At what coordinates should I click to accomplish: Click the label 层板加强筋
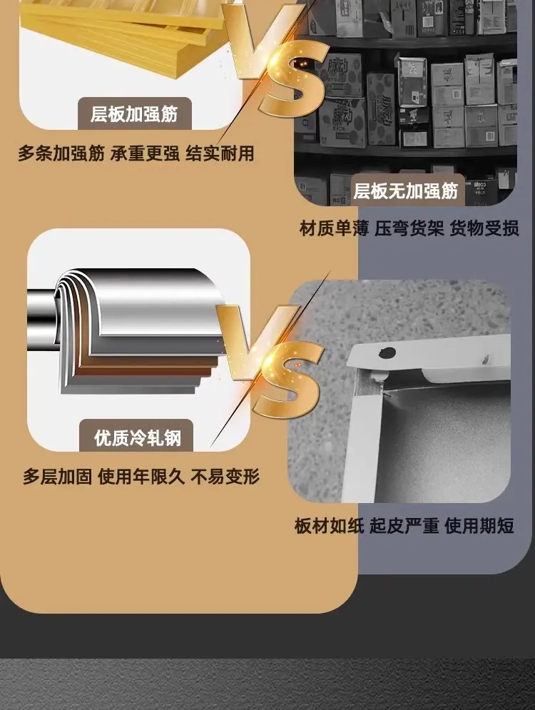tap(134, 114)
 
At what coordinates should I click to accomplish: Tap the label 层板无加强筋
tap(406, 191)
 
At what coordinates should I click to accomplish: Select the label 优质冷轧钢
tap(138, 438)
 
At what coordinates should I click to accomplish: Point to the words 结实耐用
tap(220, 154)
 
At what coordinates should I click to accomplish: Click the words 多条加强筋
tap(61, 154)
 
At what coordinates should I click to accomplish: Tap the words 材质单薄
tap(334, 228)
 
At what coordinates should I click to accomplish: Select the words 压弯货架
tap(409, 228)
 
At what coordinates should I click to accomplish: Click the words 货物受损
tap(484, 228)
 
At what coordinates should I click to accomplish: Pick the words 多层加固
tap(58, 477)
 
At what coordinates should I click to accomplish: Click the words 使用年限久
tap(141, 477)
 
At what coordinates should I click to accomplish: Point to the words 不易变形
tap(225, 477)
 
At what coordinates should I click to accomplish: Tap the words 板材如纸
tap(329, 526)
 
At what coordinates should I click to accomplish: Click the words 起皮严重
tap(404, 526)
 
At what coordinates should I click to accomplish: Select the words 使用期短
tap(479, 526)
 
